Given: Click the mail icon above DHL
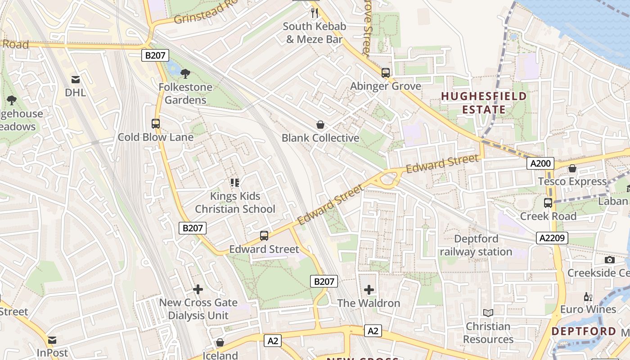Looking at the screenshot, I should tap(76, 80).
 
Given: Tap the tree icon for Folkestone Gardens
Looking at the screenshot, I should tap(185, 73).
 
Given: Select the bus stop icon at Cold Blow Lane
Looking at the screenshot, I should tap(156, 124).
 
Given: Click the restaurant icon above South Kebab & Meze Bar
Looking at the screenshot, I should tap(315, 13).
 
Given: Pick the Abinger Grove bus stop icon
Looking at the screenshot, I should tap(386, 73).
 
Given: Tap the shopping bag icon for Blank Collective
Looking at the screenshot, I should tap(320, 125).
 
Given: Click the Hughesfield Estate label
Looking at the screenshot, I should tap(484, 103).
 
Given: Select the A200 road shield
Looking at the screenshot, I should tap(540, 164).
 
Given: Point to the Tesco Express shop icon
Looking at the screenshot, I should tap(572, 169).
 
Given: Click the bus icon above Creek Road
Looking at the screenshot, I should tap(548, 203).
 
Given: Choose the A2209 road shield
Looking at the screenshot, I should tap(552, 238).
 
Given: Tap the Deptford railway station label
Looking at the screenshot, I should tap(476, 245).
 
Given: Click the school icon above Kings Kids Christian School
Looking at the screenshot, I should tap(235, 183).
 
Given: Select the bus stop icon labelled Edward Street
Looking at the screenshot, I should tap(264, 236).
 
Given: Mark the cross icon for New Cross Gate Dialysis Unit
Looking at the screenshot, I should tap(198, 289).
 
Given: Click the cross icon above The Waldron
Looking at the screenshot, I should tap(369, 290).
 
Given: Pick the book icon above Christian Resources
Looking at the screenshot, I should tap(488, 313).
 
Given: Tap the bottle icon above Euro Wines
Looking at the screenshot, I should tap(588, 297).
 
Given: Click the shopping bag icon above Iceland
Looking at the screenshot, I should tap(220, 343).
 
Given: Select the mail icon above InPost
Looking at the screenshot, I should tap(53, 340).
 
